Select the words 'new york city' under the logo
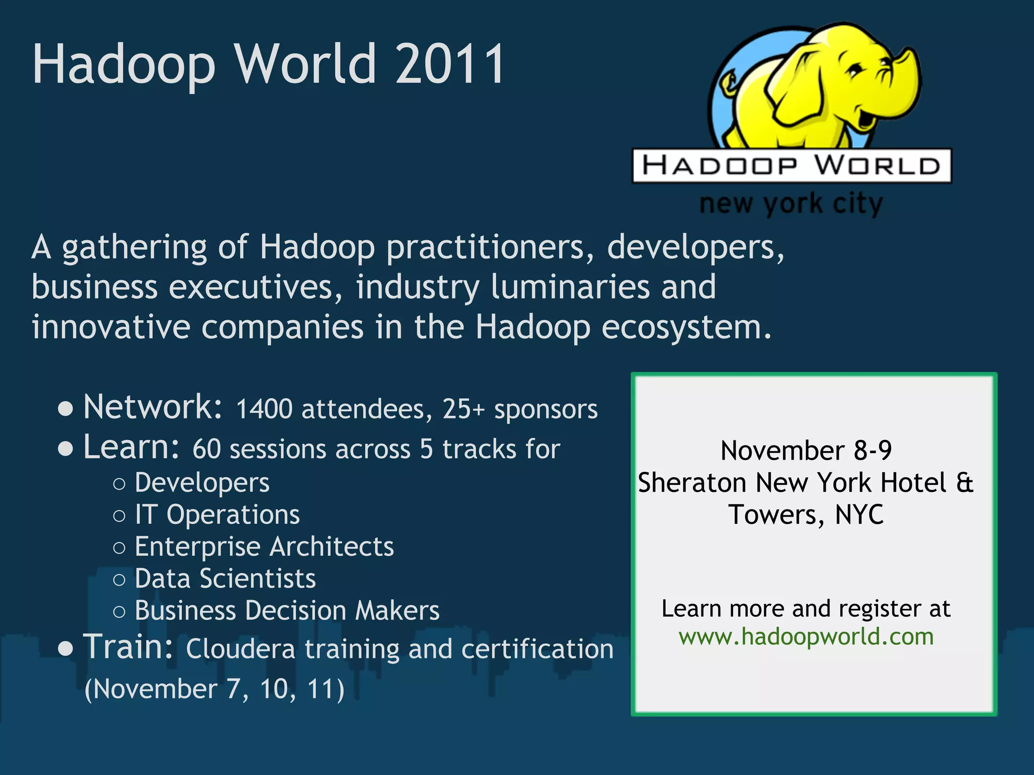click(x=791, y=204)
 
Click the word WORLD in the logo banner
click(x=877, y=165)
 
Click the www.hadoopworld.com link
click(x=806, y=637)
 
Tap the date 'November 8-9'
click(x=806, y=451)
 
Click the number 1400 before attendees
click(x=264, y=409)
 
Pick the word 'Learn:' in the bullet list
click(x=131, y=447)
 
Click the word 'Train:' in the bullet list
click(x=129, y=647)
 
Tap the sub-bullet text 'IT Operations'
click(x=217, y=515)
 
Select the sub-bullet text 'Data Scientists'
click(x=225, y=579)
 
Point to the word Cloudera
click(x=240, y=649)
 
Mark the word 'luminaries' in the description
click(x=570, y=287)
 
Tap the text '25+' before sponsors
click(x=463, y=409)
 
